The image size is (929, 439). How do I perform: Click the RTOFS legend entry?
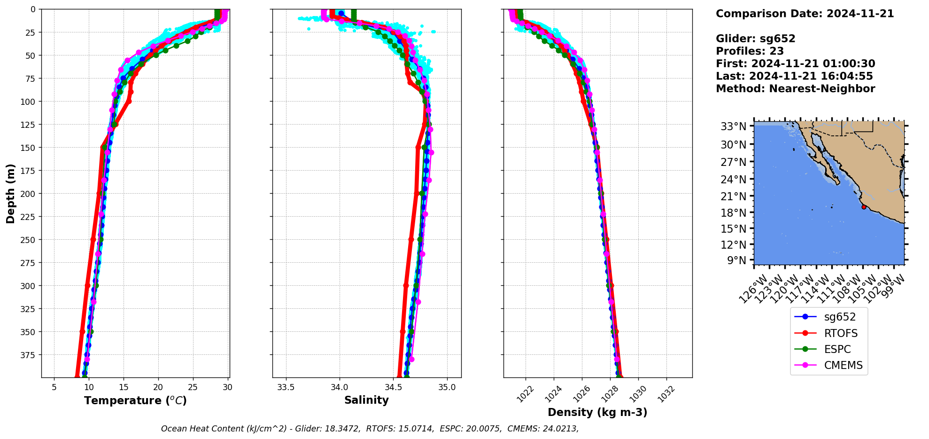(840, 333)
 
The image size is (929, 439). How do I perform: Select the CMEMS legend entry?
(843, 365)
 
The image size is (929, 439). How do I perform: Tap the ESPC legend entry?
(837, 349)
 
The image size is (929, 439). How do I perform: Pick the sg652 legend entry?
(840, 317)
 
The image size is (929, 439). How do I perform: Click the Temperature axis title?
(135, 400)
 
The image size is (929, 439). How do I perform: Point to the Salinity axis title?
(366, 400)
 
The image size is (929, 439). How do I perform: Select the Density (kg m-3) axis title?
(597, 412)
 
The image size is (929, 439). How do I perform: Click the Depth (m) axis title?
(11, 193)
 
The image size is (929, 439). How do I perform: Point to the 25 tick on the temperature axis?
(193, 387)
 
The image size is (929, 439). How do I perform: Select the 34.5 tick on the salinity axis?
(393, 387)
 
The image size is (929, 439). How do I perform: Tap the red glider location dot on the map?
(864, 207)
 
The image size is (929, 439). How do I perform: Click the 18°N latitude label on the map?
(733, 213)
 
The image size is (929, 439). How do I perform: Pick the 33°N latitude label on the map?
(733, 126)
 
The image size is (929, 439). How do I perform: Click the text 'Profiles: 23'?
(750, 51)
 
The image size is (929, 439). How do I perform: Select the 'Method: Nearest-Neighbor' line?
(795, 89)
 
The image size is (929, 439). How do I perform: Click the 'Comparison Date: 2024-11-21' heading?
(805, 14)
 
